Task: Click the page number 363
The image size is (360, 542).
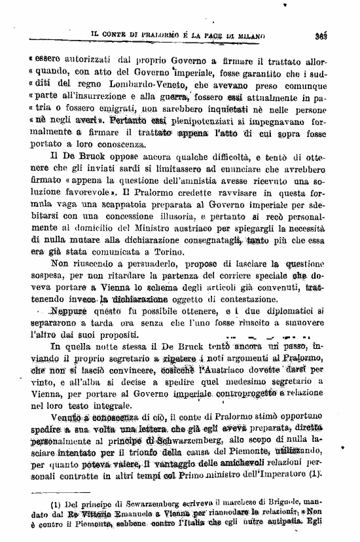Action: (339, 34)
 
